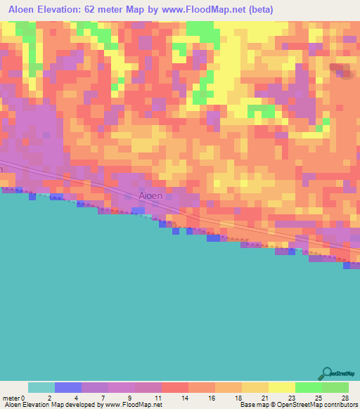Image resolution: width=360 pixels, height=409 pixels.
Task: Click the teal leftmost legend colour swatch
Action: (41, 387)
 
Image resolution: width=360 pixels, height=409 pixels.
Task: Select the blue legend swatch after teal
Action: (68, 387)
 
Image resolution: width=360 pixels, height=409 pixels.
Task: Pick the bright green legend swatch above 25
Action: (309, 387)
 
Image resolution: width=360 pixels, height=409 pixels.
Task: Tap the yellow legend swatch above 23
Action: (282, 387)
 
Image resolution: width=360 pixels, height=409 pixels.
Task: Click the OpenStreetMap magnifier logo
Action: (328, 373)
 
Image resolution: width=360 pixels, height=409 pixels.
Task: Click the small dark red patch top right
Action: (342, 70)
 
